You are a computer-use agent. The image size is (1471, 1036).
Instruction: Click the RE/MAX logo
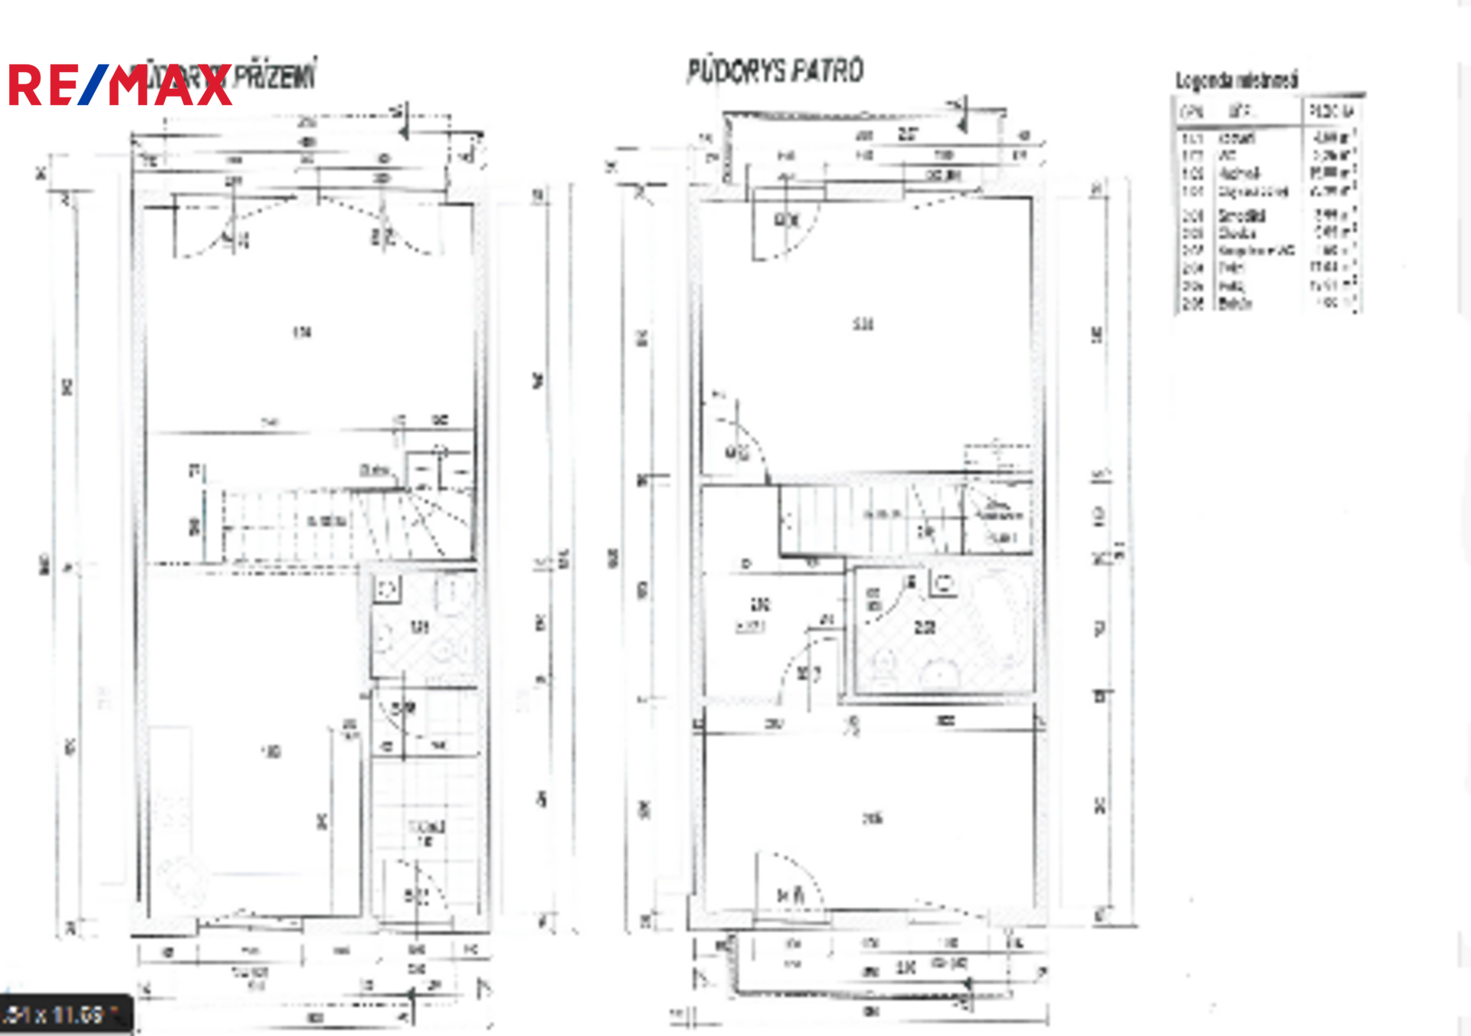tap(119, 85)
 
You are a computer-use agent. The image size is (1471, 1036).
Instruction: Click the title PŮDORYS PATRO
tap(775, 71)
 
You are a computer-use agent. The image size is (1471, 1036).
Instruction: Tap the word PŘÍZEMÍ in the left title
tap(274, 77)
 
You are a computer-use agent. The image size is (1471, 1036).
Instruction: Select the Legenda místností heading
tap(1237, 80)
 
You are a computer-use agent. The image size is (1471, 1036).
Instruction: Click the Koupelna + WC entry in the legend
tap(1256, 251)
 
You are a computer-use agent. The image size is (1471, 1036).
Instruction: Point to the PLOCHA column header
tap(1332, 112)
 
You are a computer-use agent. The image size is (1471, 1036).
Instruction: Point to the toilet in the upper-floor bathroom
tap(883, 664)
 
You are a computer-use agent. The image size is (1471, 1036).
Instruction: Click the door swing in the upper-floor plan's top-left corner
tap(785, 226)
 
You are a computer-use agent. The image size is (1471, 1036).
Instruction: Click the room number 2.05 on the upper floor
tap(872, 818)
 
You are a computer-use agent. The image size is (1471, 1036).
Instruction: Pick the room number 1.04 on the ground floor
tap(302, 333)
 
